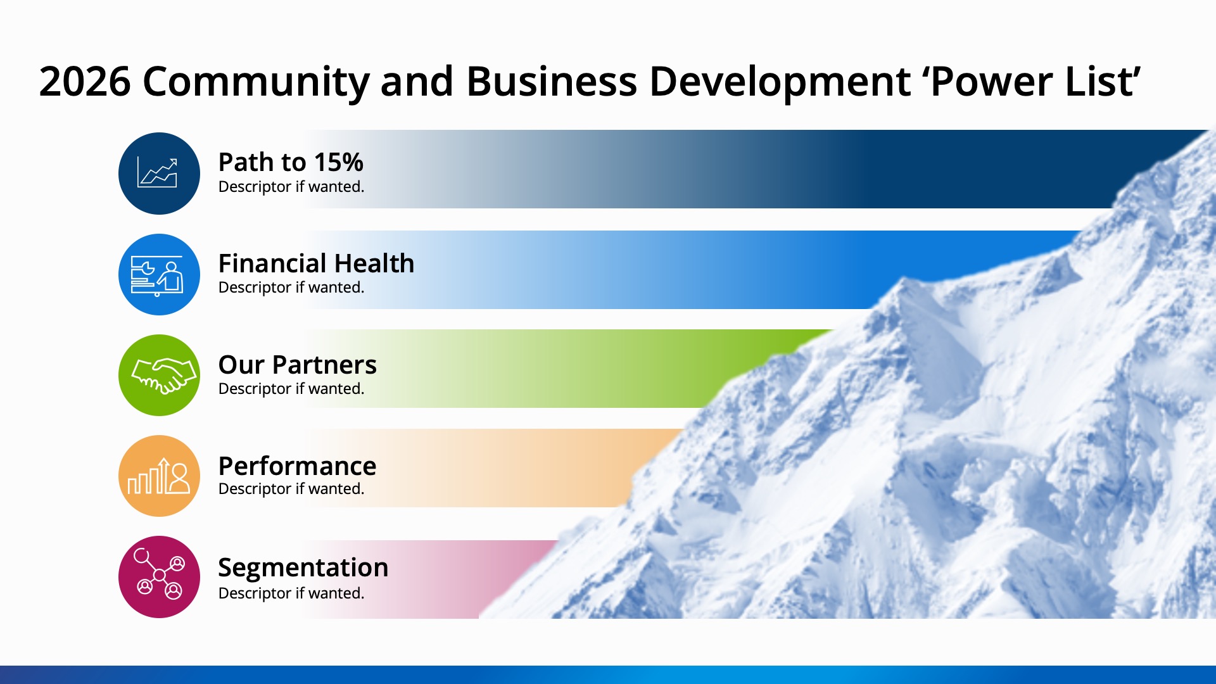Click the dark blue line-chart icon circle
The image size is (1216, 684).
[159, 173]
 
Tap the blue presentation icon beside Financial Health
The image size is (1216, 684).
[159, 274]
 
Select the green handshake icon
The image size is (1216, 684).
[159, 375]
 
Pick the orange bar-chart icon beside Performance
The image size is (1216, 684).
[159, 476]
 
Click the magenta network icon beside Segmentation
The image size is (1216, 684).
[159, 577]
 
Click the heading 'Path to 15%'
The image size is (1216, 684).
[291, 162]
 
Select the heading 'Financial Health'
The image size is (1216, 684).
[316, 263]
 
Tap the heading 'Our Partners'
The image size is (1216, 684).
[297, 364]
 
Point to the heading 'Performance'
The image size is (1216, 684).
[297, 465]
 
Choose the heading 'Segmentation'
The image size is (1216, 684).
[303, 567]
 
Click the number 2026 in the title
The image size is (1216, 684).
[85, 81]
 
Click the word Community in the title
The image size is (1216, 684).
[256, 82]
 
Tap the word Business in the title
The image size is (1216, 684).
[552, 81]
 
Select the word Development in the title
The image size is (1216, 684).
[780, 82]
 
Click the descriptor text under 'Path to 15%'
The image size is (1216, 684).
[291, 187]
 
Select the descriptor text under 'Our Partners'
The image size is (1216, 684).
[291, 389]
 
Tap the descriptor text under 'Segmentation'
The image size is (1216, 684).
[291, 593]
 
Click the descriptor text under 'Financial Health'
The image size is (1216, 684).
[291, 288]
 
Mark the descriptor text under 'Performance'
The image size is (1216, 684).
[291, 489]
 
